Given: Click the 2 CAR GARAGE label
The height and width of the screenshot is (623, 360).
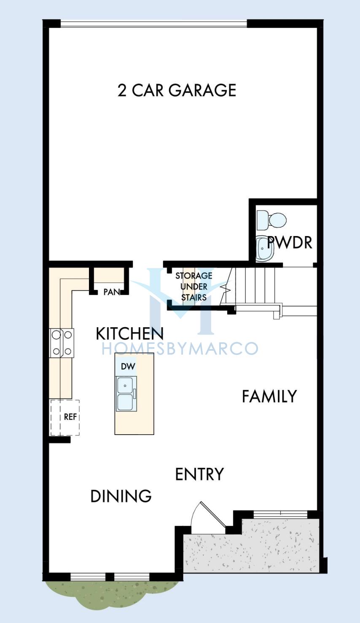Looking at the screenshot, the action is (177, 90).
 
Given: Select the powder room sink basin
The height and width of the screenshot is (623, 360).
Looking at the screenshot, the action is (265, 248).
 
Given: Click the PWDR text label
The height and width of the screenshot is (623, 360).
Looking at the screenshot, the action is (290, 242).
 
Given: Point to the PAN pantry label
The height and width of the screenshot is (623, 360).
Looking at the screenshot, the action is (112, 292).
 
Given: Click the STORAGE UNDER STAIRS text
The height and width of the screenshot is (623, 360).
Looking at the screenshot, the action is (193, 287).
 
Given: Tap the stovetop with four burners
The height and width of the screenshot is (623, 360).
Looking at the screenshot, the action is (62, 343).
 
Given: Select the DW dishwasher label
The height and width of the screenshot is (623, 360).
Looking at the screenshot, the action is (128, 366).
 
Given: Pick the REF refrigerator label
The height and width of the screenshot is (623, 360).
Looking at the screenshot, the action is (70, 416).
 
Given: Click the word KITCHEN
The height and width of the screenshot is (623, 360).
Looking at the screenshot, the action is (130, 333).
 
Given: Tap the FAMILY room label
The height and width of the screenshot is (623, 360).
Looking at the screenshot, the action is (269, 396).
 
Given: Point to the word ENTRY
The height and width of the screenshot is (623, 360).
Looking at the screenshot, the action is (199, 474).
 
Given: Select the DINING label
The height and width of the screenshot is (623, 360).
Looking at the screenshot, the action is (121, 496).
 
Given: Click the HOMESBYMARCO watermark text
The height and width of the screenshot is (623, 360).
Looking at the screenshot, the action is (180, 349).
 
